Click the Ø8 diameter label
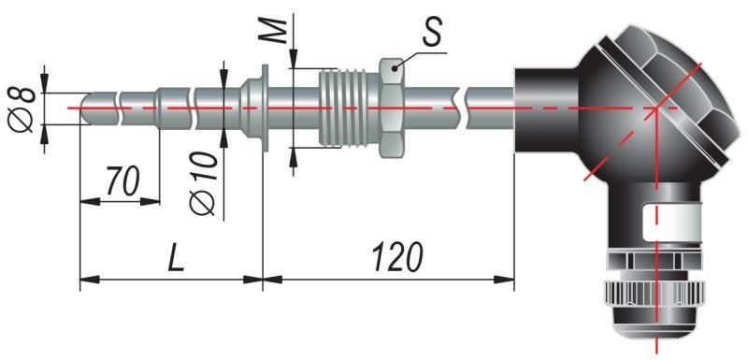click(x=22, y=109)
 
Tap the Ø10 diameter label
click(x=203, y=183)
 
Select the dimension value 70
click(x=122, y=181)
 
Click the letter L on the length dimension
click(x=177, y=258)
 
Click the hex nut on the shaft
click(x=392, y=108)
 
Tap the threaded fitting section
click(x=343, y=108)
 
